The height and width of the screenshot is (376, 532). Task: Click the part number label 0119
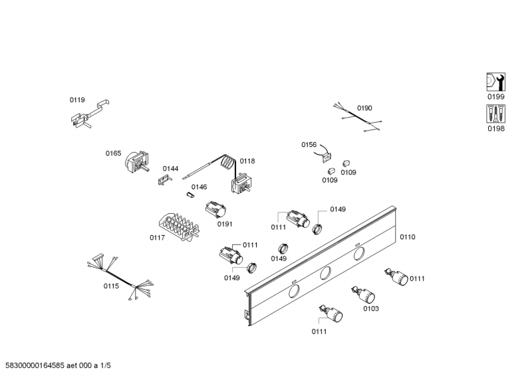point(77,100)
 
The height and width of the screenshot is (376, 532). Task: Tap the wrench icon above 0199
point(496,82)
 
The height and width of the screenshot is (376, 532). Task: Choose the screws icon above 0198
point(496,114)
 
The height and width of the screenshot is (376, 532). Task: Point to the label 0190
point(364,108)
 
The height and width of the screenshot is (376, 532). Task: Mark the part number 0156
point(309,144)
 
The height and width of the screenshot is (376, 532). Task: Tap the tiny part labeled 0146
point(190,196)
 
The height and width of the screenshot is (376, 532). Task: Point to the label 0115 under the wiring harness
point(110,286)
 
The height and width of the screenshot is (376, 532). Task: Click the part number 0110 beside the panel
point(407,236)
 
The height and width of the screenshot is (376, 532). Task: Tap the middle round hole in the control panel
point(325,272)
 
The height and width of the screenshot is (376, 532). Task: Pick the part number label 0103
point(371,308)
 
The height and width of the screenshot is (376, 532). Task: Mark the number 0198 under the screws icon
point(496,129)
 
